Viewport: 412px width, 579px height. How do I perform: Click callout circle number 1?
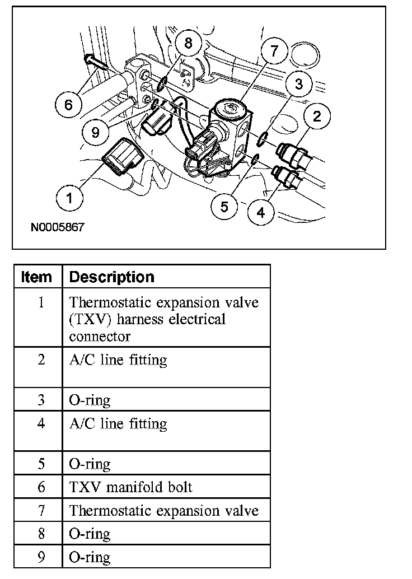pos(69,198)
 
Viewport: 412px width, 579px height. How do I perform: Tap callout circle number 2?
pos(317,116)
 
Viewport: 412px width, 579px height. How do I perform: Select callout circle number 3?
pos(299,84)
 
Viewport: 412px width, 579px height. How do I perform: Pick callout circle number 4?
pos(261,212)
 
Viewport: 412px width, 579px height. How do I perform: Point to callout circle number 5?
pos(224,207)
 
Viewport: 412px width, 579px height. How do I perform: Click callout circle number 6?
pos(69,105)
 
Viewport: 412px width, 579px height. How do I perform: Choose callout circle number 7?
pos(273,52)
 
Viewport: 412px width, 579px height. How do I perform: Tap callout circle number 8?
pos(188,44)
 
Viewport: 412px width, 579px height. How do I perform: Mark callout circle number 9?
pos(95,132)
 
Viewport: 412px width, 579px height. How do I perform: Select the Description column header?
pos(111,277)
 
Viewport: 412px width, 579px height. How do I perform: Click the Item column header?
pos(36,277)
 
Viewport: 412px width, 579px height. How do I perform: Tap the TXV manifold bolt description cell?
pos(130,487)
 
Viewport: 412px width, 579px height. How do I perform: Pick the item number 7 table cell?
pos(41,511)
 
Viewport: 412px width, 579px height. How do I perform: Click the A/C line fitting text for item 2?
pos(118,359)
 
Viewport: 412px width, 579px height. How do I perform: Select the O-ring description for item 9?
pos(90,557)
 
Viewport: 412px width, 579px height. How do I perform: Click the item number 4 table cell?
pos(41,423)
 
